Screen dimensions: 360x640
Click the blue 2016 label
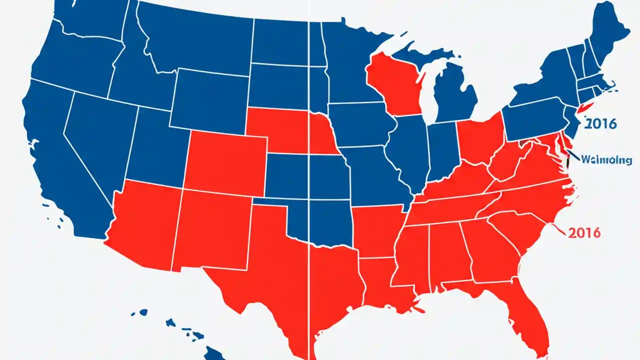(600, 123)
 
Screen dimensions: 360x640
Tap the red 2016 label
(584, 232)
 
